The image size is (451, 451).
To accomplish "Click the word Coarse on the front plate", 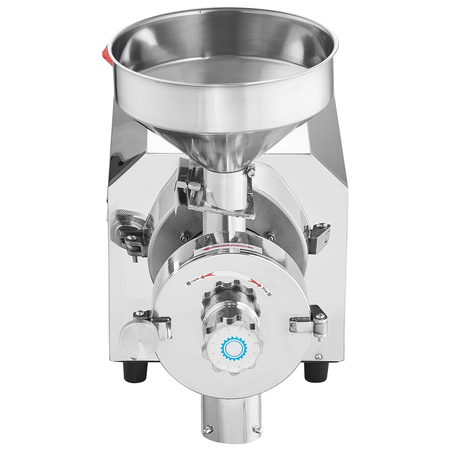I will [194, 278].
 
